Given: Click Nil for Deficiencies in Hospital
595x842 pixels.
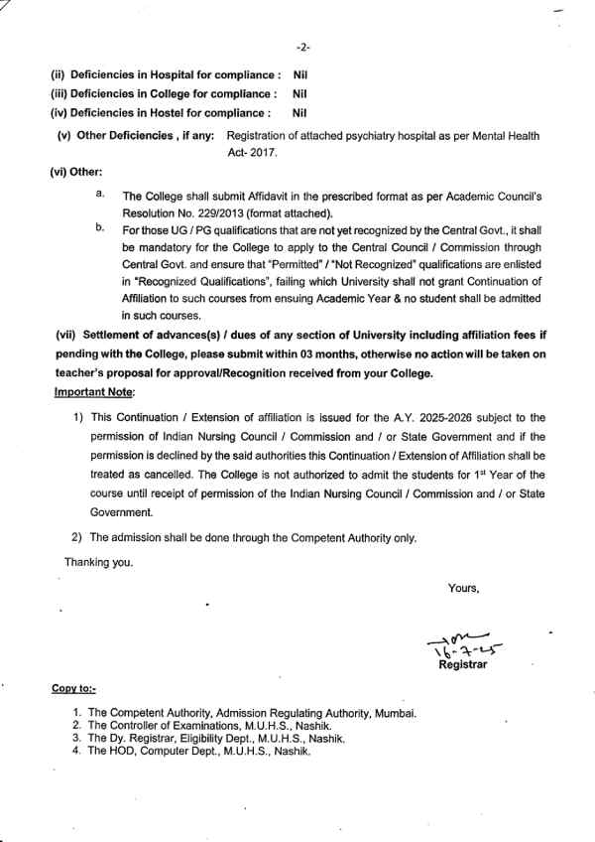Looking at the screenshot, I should [x=301, y=74].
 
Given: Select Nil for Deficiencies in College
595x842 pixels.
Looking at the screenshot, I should [x=301, y=94].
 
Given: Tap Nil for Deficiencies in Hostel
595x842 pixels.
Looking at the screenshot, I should [x=301, y=114].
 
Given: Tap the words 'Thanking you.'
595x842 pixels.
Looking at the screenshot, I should [x=97, y=562].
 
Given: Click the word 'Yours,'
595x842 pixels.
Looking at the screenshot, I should [x=463, y=588].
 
